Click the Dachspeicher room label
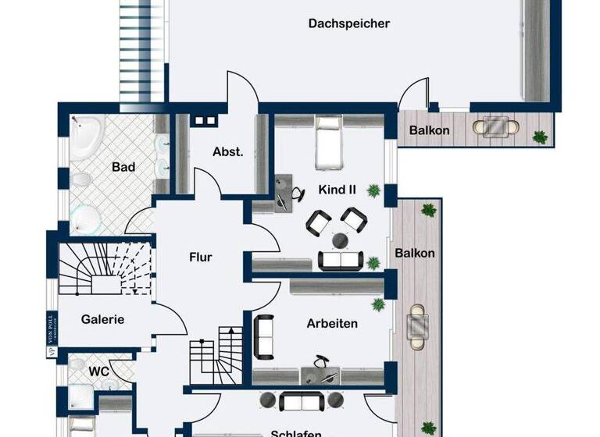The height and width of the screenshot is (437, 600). point(348,23)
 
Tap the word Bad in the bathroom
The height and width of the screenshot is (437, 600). point(123,166)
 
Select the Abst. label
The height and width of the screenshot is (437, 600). point(228,152)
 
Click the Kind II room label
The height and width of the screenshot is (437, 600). point(337,190)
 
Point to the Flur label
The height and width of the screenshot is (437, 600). point(200,257)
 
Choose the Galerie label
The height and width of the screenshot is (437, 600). point(102,318)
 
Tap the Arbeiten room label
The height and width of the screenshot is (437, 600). point(332,323)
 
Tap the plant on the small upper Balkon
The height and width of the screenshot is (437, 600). point(539,137)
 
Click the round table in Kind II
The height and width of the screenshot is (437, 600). point(341,239)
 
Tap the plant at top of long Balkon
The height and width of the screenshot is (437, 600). point(427,209)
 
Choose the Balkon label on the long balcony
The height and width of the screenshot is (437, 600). point(415,253)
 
